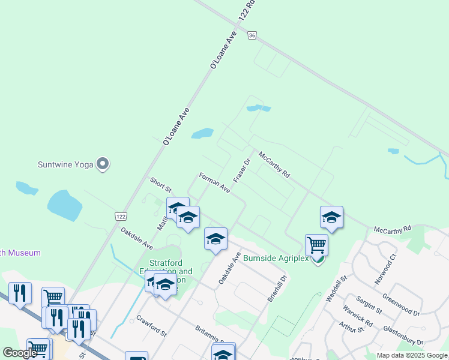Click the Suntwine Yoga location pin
pos(103,163)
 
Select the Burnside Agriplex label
pos(276,259)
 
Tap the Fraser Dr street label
pos(241,170)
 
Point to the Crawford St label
pos(151,325)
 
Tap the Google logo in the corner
pos(20,352)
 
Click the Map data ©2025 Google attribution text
pos(412,355)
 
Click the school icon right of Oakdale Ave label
pos(215,239)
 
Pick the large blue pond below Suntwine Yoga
pos(64,206)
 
